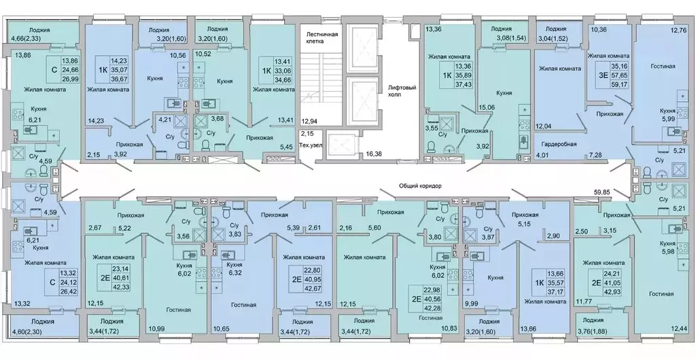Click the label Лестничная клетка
(x=324, y=37)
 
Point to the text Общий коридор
(x=419, y=186)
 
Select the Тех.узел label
(x=311, y=145)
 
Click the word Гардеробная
(x=559, y=145)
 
